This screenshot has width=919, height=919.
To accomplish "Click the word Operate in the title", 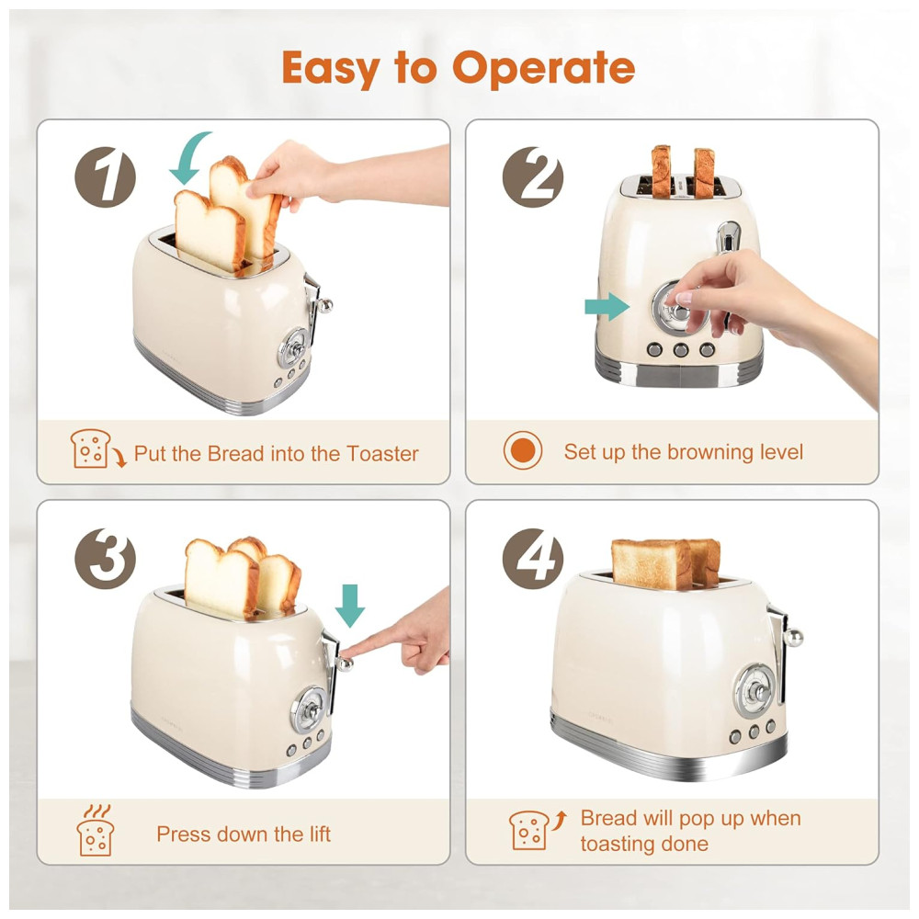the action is coord(543,68).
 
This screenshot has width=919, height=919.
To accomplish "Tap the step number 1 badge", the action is coord(106,177).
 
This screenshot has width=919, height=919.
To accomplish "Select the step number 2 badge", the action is coord(533,177).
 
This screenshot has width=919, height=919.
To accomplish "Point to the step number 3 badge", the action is coord(106,559).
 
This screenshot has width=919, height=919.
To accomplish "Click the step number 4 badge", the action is coord(533,559).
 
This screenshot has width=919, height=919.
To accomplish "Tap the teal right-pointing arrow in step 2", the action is coord(607,306).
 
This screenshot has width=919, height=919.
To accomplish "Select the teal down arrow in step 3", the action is coord(350,606).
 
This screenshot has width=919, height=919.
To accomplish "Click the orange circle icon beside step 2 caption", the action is coord(523,450).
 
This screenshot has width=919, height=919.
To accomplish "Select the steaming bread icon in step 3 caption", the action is coord(95,830).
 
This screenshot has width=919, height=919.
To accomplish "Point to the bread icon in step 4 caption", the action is coord(538,829).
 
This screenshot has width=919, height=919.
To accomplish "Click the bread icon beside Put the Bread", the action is coord(96,449).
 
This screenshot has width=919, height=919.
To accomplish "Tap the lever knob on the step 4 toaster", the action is coord(794,638).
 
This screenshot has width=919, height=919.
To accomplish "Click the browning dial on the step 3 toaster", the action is coord(309,709).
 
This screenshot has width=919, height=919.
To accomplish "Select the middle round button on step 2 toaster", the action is coord(680,350).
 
